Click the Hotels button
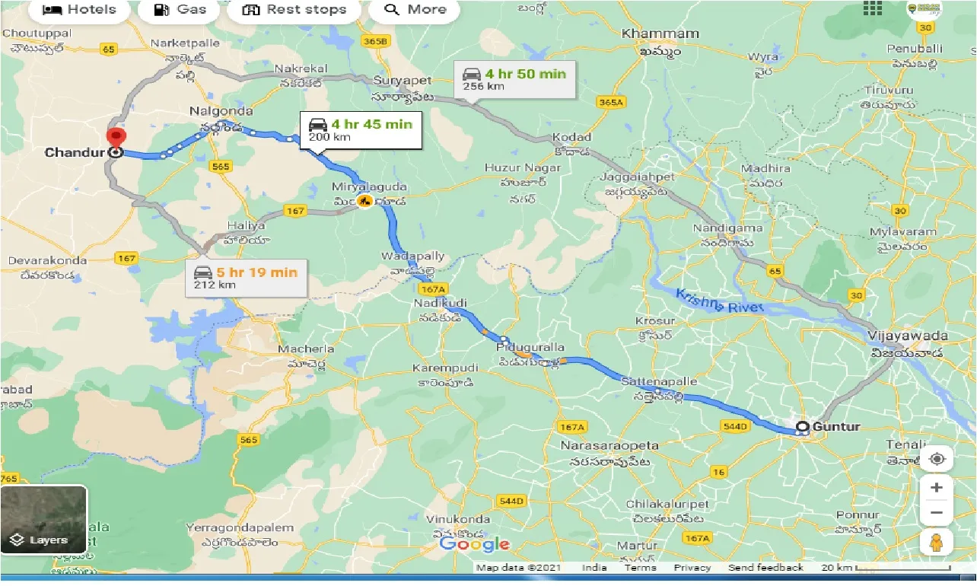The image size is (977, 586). pyautogui.click(x=79, y=10)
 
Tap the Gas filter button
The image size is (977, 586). pyautogui.click(x=180, y=10)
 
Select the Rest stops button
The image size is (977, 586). pyautogui.click(x=294, y=10)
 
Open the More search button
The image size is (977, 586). pyautogui.click(x=415, y=10)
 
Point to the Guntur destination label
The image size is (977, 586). pyautogui.click(x=835, y=426)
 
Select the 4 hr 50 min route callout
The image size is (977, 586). pyautogui.click(x=516, y=79)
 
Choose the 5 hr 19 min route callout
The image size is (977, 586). pyautogui.click(x=248, y=278)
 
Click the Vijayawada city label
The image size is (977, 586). pyautogui.click(x=909, y=336)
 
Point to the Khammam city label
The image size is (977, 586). pyautogui.click(x=660, y=33)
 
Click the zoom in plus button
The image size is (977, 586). pyautogui.click(x=937, y=487)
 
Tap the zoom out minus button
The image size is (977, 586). pyautogui.click(x=937, y=513)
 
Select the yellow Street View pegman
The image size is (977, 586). pyautogui.click(x=937, y=543)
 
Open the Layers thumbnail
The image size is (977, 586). pyautogui.click(x=43, y=520)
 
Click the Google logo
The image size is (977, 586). pyautogui.click(x=475, y=543)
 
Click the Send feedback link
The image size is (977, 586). pyautogui.click(x=765, y=568)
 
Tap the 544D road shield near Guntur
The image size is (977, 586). pyautogui.click(x=735, y=426)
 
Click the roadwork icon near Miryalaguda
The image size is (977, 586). pyautogui.click(x=365, y=202)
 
